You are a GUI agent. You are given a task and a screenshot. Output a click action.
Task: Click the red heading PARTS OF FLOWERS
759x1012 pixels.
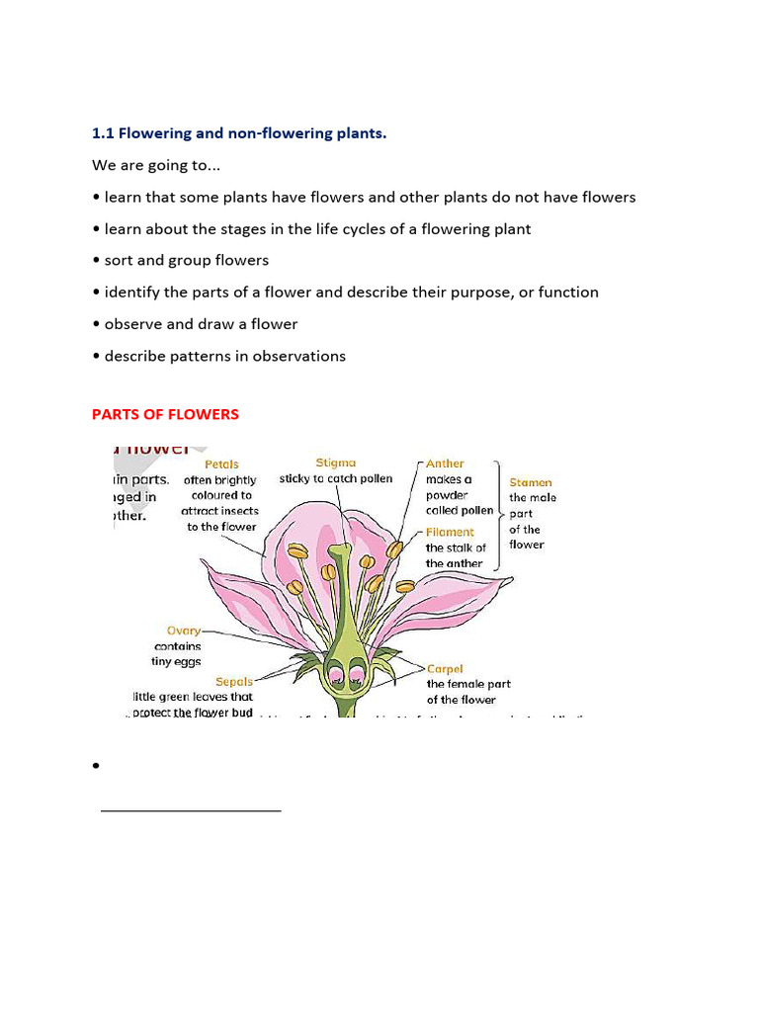tap(165, 414)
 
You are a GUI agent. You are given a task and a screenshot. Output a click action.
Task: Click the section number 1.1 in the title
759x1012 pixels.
tap(103, 133)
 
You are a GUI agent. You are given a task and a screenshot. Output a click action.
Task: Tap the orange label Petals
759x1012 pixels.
tap(221, 464)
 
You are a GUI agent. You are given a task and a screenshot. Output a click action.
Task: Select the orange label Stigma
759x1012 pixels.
tap(335, 463)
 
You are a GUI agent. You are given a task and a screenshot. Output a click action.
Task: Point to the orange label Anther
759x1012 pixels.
tap(445, 464)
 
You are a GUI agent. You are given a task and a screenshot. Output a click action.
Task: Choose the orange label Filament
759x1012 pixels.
tap(450, 532)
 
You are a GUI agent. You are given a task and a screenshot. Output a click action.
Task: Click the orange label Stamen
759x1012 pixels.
tap(531, 482)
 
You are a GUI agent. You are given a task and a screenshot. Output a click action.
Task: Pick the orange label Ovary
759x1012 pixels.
tap(183, 631)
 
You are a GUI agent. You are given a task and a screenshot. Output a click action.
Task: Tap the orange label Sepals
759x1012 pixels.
tap(234, 681)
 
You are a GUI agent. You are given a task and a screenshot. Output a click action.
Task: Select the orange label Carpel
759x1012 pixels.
tap(445, 669)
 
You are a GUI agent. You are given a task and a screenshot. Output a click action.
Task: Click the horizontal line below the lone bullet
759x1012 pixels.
tap(191, 810)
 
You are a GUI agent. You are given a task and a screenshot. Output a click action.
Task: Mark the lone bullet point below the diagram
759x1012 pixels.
tap(97, 766)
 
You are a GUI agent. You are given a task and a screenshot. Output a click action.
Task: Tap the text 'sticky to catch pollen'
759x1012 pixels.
tap(335, 478)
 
